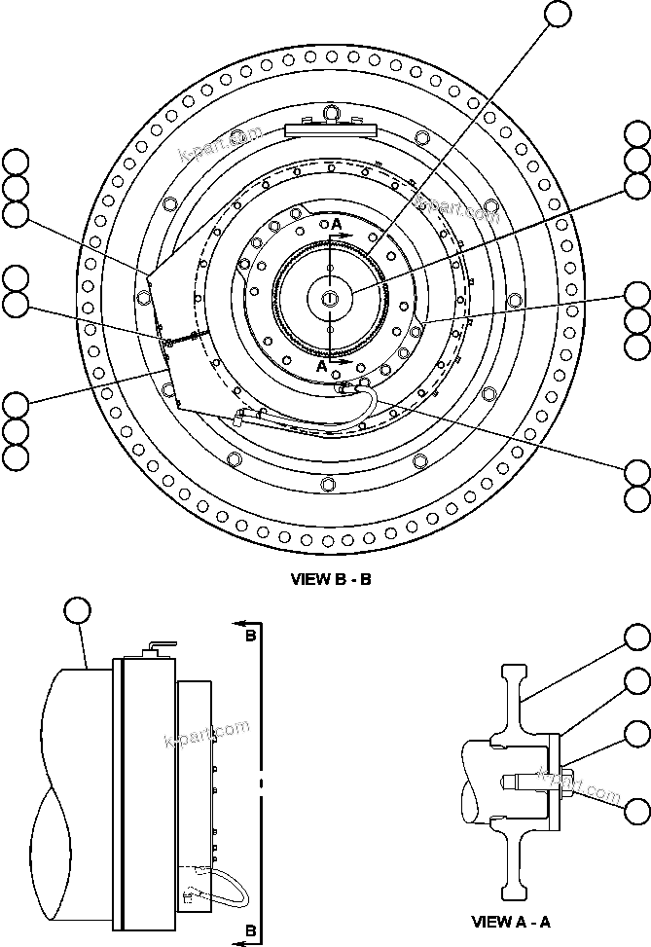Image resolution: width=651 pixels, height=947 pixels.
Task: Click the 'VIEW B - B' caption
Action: (331, 580)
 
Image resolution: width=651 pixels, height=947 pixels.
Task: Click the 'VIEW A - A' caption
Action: (510, 921)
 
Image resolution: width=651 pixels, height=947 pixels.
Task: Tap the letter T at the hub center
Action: (331, 297)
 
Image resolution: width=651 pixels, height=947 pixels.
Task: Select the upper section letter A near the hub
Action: (337, 225)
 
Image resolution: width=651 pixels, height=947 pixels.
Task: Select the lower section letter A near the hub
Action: (323, 367)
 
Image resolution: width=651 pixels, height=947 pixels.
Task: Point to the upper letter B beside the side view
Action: (250, 637)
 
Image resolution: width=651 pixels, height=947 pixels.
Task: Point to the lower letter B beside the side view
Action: (250, 930)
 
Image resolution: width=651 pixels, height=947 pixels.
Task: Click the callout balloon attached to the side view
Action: (76, 610)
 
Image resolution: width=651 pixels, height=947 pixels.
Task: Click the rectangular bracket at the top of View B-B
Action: (331, 128)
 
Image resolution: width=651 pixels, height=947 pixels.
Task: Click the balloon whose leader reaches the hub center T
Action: (637, 185)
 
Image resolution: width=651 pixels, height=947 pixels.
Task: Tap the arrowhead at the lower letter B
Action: (237, 942)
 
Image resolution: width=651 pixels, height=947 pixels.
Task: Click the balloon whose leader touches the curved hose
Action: (637, 473)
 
